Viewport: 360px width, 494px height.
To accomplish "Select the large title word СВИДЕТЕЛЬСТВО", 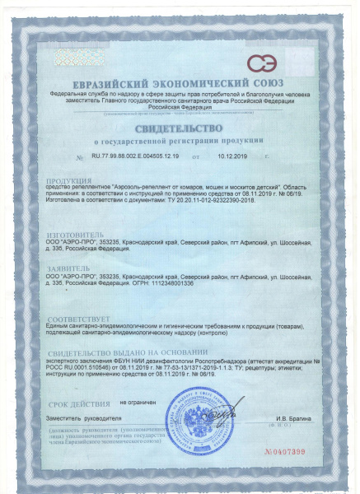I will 180,129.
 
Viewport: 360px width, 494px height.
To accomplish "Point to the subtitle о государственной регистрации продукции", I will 180,142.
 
